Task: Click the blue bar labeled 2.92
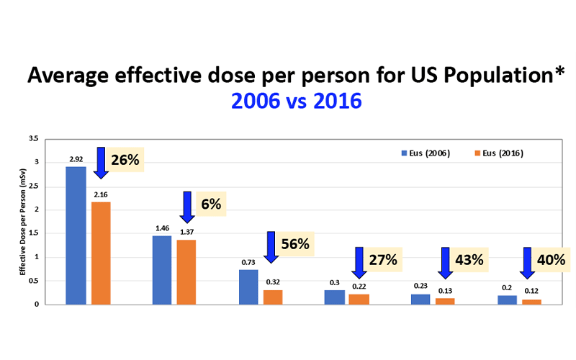(x=76, y=235)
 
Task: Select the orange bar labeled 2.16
(x=101, y=253)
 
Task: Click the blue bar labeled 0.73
(x=248, y=287)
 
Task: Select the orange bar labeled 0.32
(x=273, y=297)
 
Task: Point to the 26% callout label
(x=125, y=160)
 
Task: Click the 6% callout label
(x=210, y=204)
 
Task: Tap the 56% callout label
(x=294, y=244)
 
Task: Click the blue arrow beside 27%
(x=357, y=262)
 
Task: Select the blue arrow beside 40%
(x=528, y=262)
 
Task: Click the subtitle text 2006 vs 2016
(x=296, y=102)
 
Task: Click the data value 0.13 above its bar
(x=446, y=290)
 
